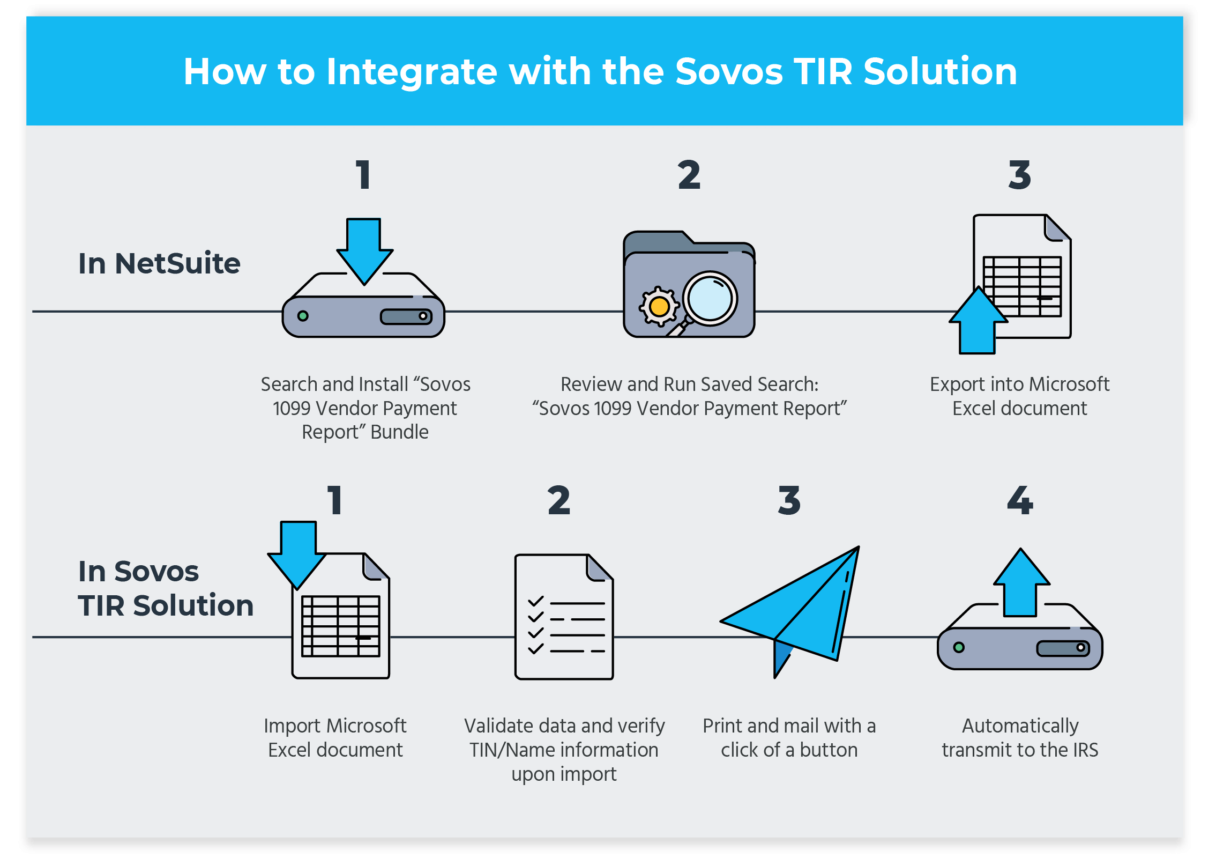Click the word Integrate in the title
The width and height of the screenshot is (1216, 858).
[x=412, y=72]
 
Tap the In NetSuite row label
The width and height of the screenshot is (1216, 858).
[x=159, y=263]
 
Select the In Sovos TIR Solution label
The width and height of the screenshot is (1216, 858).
[x=165, y=588]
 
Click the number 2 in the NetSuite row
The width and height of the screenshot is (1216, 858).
[x=689, y=175]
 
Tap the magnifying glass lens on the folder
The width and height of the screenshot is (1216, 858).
[x=710, y=299]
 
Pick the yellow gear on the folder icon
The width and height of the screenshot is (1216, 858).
[x=659, y=307]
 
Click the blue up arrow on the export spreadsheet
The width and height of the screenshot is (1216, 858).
[x=978, y=322]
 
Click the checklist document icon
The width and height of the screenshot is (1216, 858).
[x=564, y=617]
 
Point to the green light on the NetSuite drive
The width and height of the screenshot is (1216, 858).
[x=303, y=316]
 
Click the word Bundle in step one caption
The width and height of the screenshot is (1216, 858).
[x=399, y=432]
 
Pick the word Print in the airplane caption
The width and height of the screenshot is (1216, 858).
[x=722, y=726]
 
